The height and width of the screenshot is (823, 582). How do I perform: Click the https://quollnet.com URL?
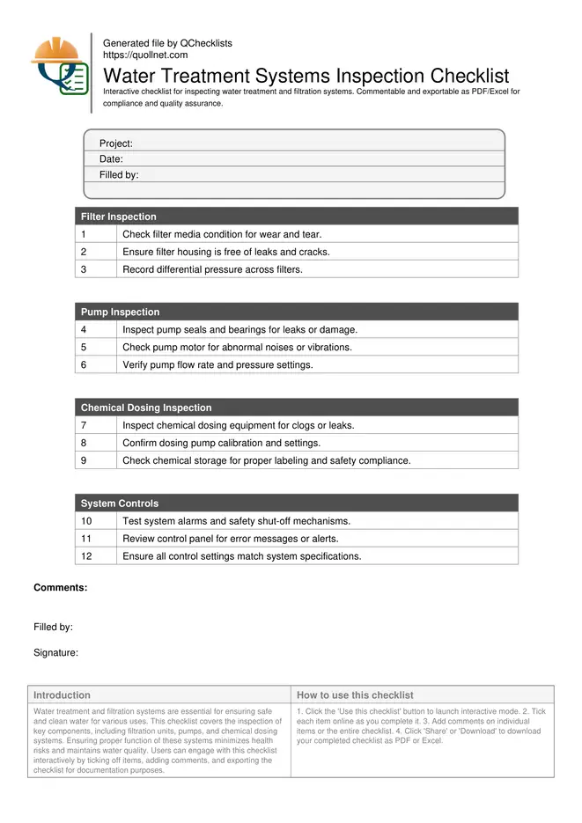(145, 55)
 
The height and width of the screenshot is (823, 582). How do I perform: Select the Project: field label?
(116, 143)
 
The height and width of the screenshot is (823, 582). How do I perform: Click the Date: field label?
(111, 159)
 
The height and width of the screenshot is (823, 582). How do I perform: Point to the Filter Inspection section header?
(119, 217)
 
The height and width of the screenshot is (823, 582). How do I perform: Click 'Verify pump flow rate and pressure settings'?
(217, 364)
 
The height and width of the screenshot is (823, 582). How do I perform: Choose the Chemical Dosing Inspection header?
(146, 408)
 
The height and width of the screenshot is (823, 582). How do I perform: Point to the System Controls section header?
(120, 503)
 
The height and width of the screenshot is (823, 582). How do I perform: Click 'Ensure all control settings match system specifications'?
(242, 556)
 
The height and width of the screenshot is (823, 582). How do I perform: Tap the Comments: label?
(60, 587)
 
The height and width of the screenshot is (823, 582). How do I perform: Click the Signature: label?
(56, 653)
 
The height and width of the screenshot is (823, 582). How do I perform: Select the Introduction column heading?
(62, 695)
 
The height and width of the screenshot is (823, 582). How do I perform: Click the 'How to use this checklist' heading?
(355, 695)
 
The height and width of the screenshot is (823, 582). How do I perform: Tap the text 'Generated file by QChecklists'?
(167, 43)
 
